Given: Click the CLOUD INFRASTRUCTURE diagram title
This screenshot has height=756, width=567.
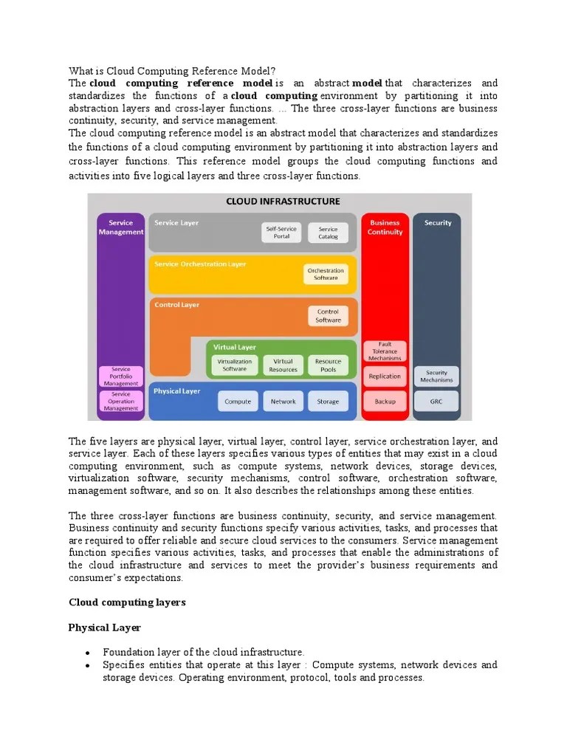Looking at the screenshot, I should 283,201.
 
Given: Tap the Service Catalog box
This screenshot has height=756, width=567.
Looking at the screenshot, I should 328,233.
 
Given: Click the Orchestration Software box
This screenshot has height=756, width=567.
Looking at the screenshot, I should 326,274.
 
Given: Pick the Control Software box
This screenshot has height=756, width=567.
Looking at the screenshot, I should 328,316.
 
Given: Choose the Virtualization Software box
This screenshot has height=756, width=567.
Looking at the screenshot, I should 235,365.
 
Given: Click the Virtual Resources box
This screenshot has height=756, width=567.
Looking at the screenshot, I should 283,365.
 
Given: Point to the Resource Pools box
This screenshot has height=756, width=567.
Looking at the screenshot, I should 328,365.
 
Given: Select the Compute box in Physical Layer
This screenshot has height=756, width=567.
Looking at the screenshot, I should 238,402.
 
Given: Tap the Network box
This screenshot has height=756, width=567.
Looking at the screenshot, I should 283,402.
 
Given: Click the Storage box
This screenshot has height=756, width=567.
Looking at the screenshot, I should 328,402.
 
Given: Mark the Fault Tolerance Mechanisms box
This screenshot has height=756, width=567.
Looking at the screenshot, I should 385,351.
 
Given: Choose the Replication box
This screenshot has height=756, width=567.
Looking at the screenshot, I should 385,376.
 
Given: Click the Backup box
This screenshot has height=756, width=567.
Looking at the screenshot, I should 385,402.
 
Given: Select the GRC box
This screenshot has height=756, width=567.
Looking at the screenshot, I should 437,402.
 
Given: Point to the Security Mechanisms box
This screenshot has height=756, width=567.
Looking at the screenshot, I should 437,376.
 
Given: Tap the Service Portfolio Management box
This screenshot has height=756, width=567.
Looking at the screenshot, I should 120,377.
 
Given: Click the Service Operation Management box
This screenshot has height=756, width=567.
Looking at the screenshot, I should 120,402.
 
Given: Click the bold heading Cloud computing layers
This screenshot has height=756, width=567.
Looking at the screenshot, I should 127,602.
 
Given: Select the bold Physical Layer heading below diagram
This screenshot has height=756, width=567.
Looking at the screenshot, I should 104,628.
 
